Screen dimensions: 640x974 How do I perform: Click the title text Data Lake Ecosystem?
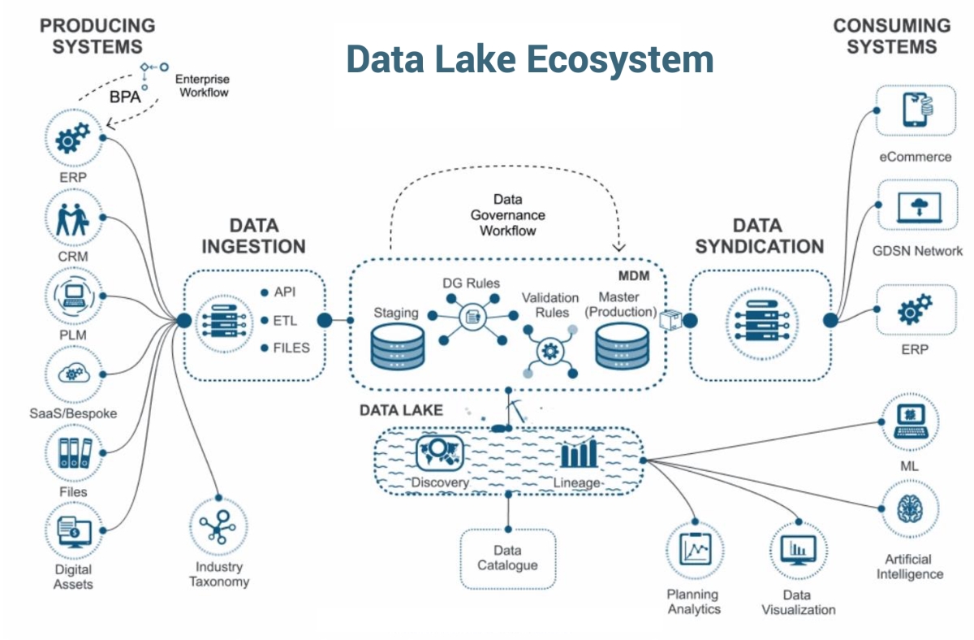click(529, 60)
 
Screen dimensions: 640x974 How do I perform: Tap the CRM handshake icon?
click(74, 218)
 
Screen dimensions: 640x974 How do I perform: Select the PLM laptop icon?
click(74, 296)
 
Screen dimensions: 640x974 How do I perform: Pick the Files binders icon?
click(74, 452)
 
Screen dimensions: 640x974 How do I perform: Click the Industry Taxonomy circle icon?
click(218, 528)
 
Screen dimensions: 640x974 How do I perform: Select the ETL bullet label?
click(286, 320)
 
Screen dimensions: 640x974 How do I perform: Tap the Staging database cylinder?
click(398, 348)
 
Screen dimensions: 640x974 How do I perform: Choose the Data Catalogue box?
click(508, 558)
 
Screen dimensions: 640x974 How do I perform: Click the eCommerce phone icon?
click(916, 111)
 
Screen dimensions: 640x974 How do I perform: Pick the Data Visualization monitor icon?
click(798, 551)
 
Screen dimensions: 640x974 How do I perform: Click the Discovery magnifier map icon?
click(438, 452)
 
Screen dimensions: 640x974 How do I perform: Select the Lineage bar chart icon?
click(578, 452)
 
